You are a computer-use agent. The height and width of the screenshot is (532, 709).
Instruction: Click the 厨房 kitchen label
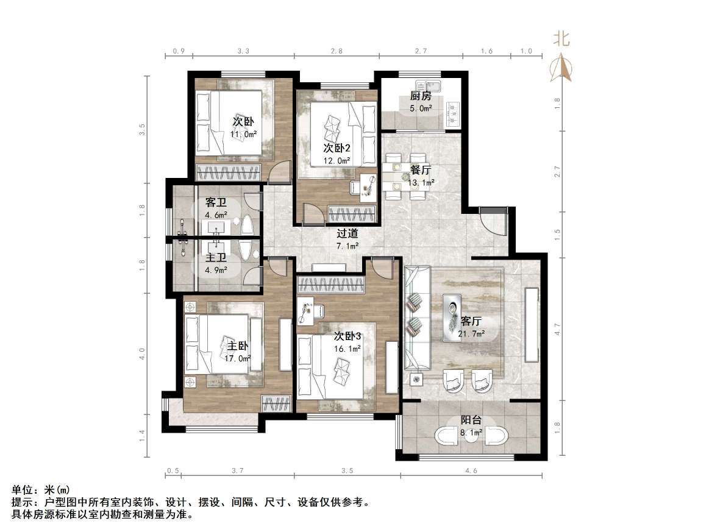pyautogui.click(x=421, y=96)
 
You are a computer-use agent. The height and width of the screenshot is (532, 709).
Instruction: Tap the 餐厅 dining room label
pyautogui.click(x=421, y=171)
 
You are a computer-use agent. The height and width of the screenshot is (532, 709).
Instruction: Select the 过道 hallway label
pyautogui.click(x=347, y=233)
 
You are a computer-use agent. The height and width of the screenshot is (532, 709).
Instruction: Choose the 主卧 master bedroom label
pyautogui.click(x=238, y=346)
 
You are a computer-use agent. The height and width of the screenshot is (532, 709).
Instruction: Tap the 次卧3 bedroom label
pyautogui.click(x=347, y=336)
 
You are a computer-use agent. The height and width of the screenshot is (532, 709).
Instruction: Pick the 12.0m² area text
pyautogui.click(x=336, y=161)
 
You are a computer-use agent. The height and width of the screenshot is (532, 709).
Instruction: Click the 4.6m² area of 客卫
pyautogui.click(x=216, y=215)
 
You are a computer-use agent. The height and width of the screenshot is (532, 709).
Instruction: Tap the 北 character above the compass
pyautogui.click(x=561, y=40)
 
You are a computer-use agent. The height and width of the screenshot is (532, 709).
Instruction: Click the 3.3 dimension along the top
pyautogui.click(x=243, y=52)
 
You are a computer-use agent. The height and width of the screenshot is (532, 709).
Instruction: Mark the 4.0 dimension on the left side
pyautogui.click(x=142, y=353)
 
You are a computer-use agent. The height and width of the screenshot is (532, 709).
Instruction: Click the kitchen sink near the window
pyautogui.click(x=434, y=85)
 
